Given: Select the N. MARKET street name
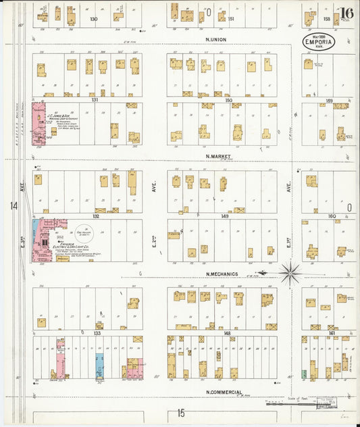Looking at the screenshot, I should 220,156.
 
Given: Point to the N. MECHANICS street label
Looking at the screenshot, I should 222,274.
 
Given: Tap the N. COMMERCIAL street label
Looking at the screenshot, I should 224,391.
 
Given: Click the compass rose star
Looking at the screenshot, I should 290,274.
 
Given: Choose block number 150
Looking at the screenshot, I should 228,99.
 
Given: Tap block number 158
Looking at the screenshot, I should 327,19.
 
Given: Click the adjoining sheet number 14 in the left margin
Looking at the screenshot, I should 13,205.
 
